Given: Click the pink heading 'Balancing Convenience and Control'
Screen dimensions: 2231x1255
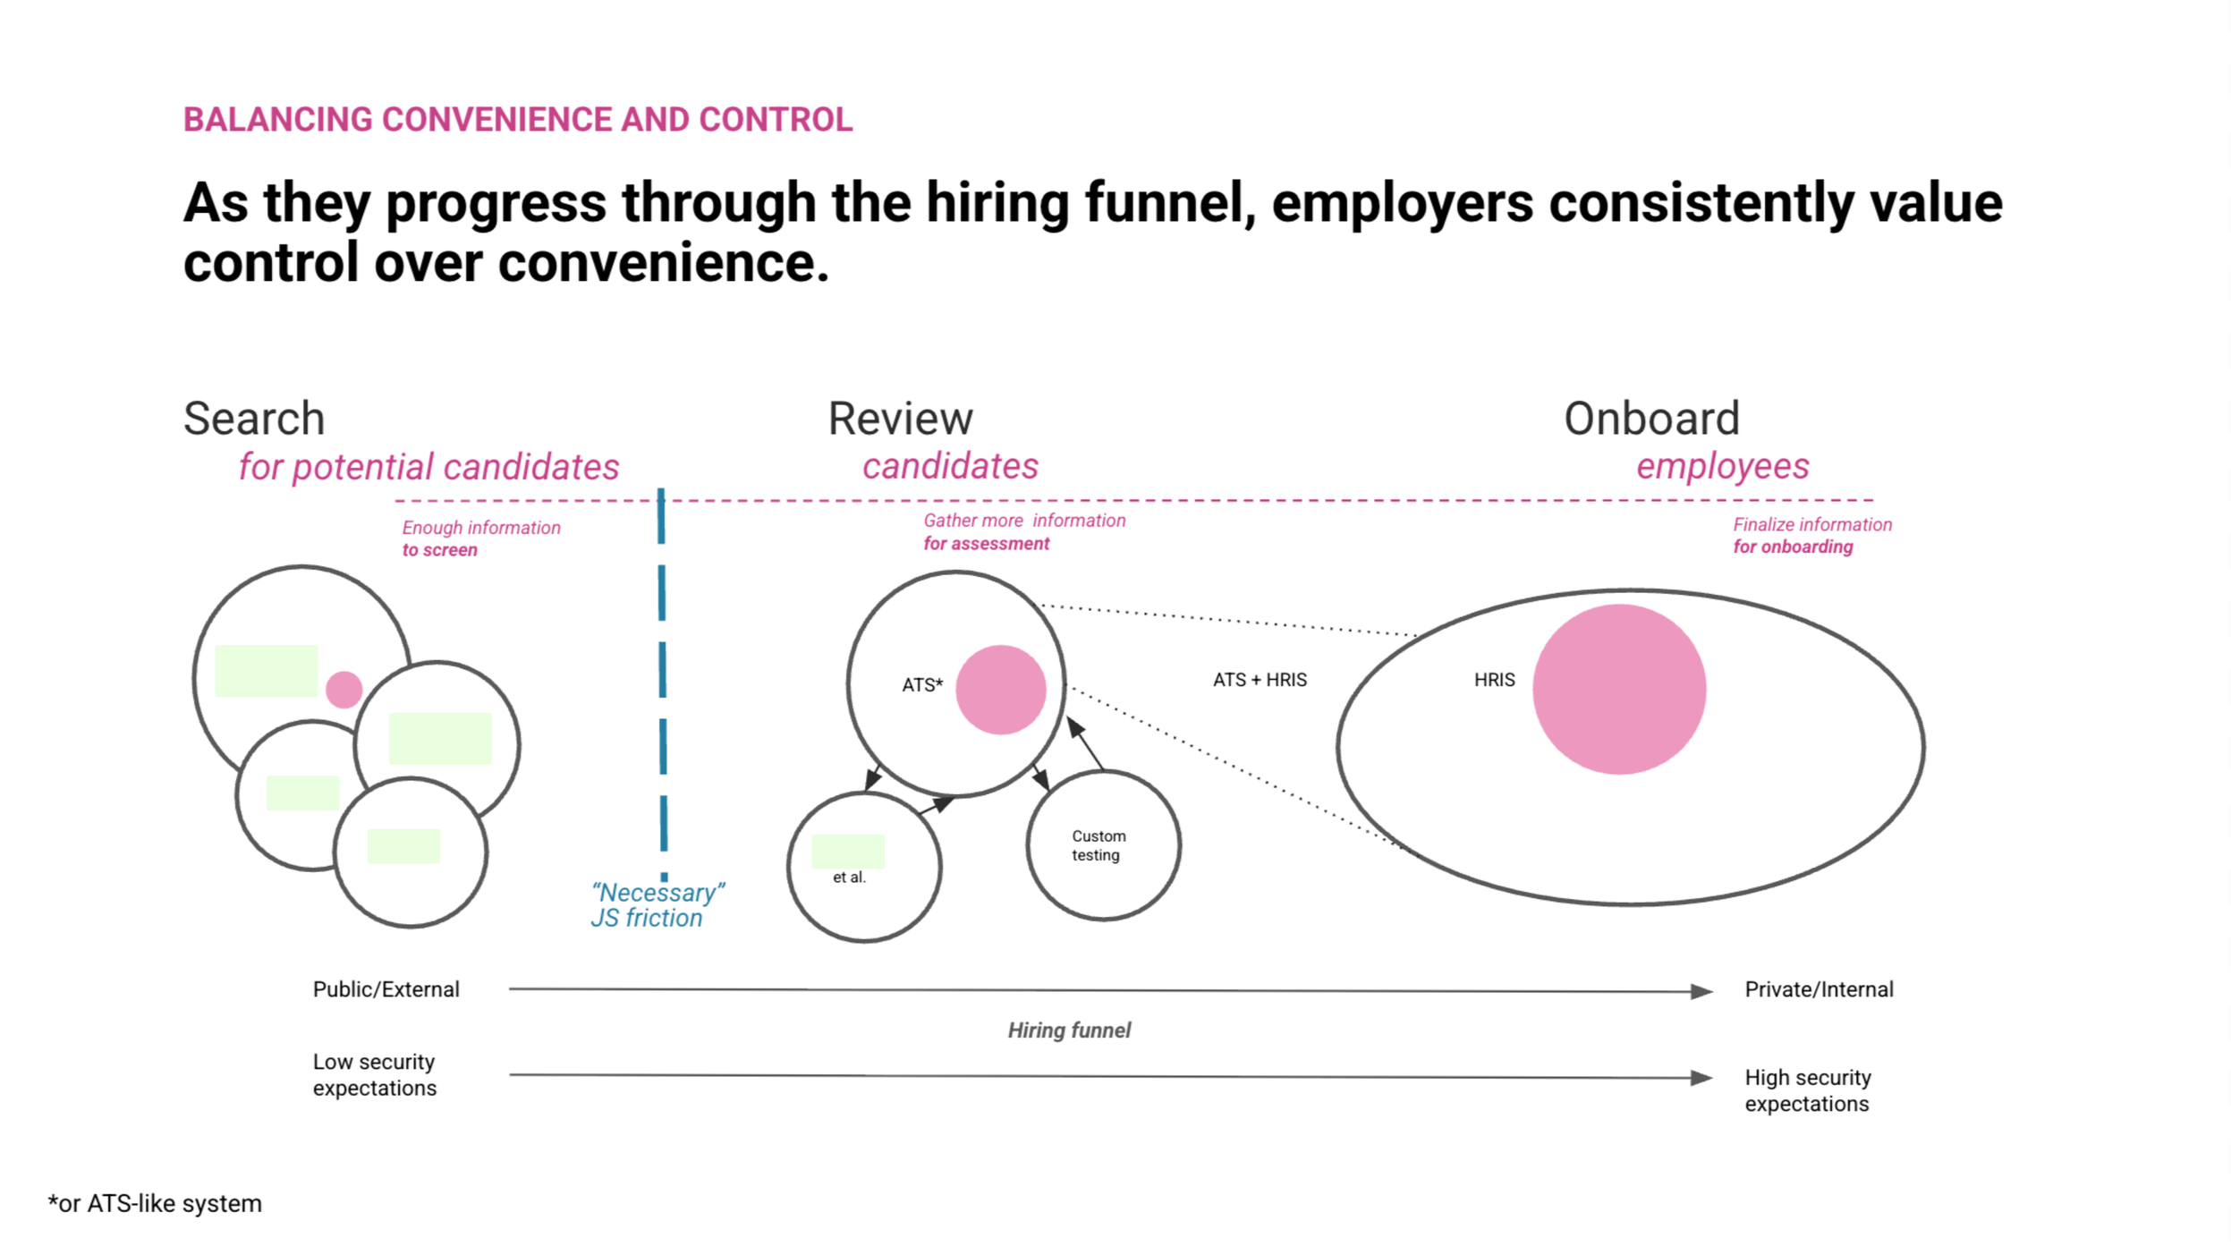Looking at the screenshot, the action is pyautogui.click(x=517, y=120).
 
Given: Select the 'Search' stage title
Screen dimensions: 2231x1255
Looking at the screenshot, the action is pyautogui.click(x=254, y=419).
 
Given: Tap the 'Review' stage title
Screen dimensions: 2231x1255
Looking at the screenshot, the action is pyautogui.click(x=900, y=419).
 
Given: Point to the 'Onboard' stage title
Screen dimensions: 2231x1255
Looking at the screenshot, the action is pyautogui.click(x=1651, y=419).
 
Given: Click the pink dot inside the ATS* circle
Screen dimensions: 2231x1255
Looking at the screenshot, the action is pyautogui.click(x=1000, y=690).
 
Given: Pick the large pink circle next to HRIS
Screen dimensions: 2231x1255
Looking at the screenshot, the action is pyautogui.click(x=1618, y=689).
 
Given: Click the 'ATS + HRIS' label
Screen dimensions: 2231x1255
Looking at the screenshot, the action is pyautogui.click(x=1260, y=680).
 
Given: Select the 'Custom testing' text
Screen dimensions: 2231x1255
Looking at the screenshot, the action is pyautogui.click(x=1099, y=845).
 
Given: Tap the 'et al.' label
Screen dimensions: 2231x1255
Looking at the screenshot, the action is pyautogui.click(x=849, y=878).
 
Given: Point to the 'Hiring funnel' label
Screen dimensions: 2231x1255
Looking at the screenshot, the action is pyautogui.click(x=1069, y=1030).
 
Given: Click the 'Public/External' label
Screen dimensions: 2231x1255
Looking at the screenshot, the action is pyautogui.click(x=386, y=989).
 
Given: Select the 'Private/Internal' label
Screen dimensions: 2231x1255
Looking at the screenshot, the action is pyautogui.click(x=1819, y=989).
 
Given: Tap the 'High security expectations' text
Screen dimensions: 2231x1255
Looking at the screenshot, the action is pyautogui.click(x=1807, y=1090).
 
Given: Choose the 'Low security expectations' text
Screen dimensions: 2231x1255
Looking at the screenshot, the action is pyautogui.click(x=375, y=1074).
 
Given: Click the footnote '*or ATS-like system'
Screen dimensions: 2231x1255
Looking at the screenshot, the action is pyautogui.click(x=155, y=1204).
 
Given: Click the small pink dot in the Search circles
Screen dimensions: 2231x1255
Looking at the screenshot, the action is pyautogui.click(x=344, y=690).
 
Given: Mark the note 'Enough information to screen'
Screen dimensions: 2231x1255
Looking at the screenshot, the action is pyautogui.click(x=480, y=538).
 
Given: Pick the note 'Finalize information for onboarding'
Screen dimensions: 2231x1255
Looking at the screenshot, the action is pyautogui.click(x=1811, y=536).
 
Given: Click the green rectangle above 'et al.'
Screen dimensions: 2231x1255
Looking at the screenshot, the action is pyautogui.click(x=847, y=851).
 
